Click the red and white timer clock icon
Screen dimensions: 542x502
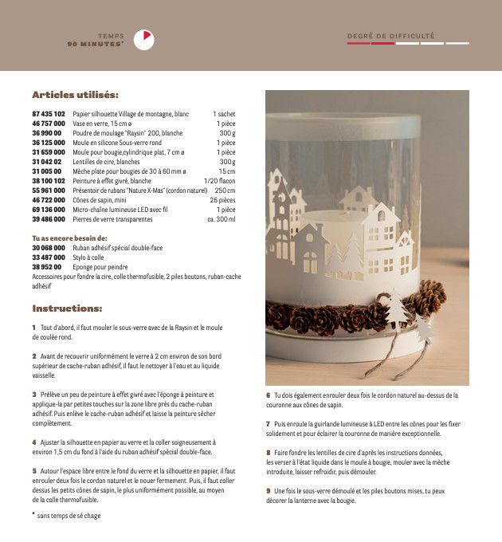[x=144, y=39]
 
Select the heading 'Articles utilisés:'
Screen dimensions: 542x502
[x=75, y=95]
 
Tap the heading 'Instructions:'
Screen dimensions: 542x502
[x=67, y=308]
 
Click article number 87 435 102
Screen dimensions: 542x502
[x=49, y=115]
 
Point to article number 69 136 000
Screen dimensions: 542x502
[x=49, y=209]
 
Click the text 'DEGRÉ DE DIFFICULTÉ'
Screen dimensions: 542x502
[x=391, y=36]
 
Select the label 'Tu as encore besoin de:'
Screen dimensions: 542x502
[x=69, y=238]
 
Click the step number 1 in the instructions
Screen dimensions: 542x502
[x=34, y=328]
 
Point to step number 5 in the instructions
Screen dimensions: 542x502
[x=34, y=471]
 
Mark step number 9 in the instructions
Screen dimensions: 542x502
[x=269, y=490]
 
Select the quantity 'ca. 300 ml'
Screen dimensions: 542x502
[x=221, y=218]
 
